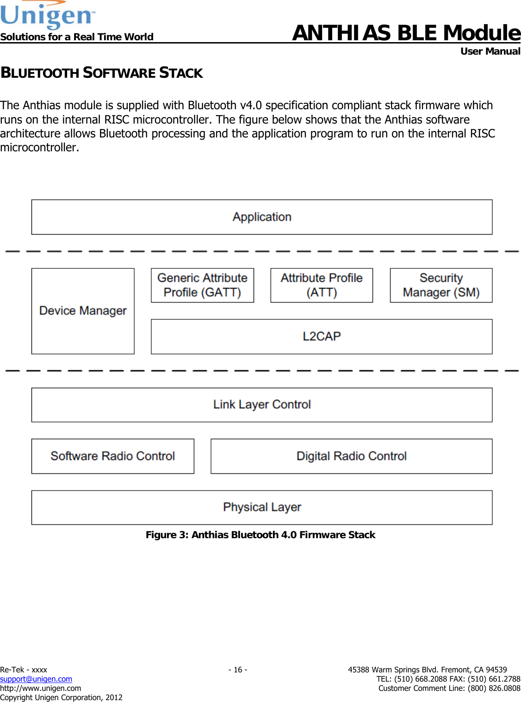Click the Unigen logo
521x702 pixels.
(x=48, y=15)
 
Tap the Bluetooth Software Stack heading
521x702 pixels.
(x=101, y=73)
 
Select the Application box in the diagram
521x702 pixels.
(x=261, y=217)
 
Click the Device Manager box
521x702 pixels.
(x=83, y=311)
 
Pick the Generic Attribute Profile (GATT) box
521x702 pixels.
(x=202, y=285)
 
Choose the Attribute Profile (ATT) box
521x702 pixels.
(x=322, y=285)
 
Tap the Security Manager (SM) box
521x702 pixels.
(x=441, y=285)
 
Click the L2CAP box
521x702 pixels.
(x=322, y=336)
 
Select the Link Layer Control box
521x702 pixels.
(x=261, y=405)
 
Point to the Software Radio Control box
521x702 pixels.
(x=112, y=456)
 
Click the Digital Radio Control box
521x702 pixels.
(x=351, y=456)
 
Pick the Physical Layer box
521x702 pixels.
(x=261, y=508)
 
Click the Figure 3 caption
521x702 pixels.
(x=260, y=535)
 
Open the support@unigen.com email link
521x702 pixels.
(x=36, y=679)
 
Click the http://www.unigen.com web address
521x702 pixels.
(x=40, y=688)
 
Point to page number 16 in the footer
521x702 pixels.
(x=238, y=670)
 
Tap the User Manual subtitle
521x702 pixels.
(x=490, y=51)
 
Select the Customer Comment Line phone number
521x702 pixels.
(x=494, y=688)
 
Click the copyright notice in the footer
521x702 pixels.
(x=61, y=697)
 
